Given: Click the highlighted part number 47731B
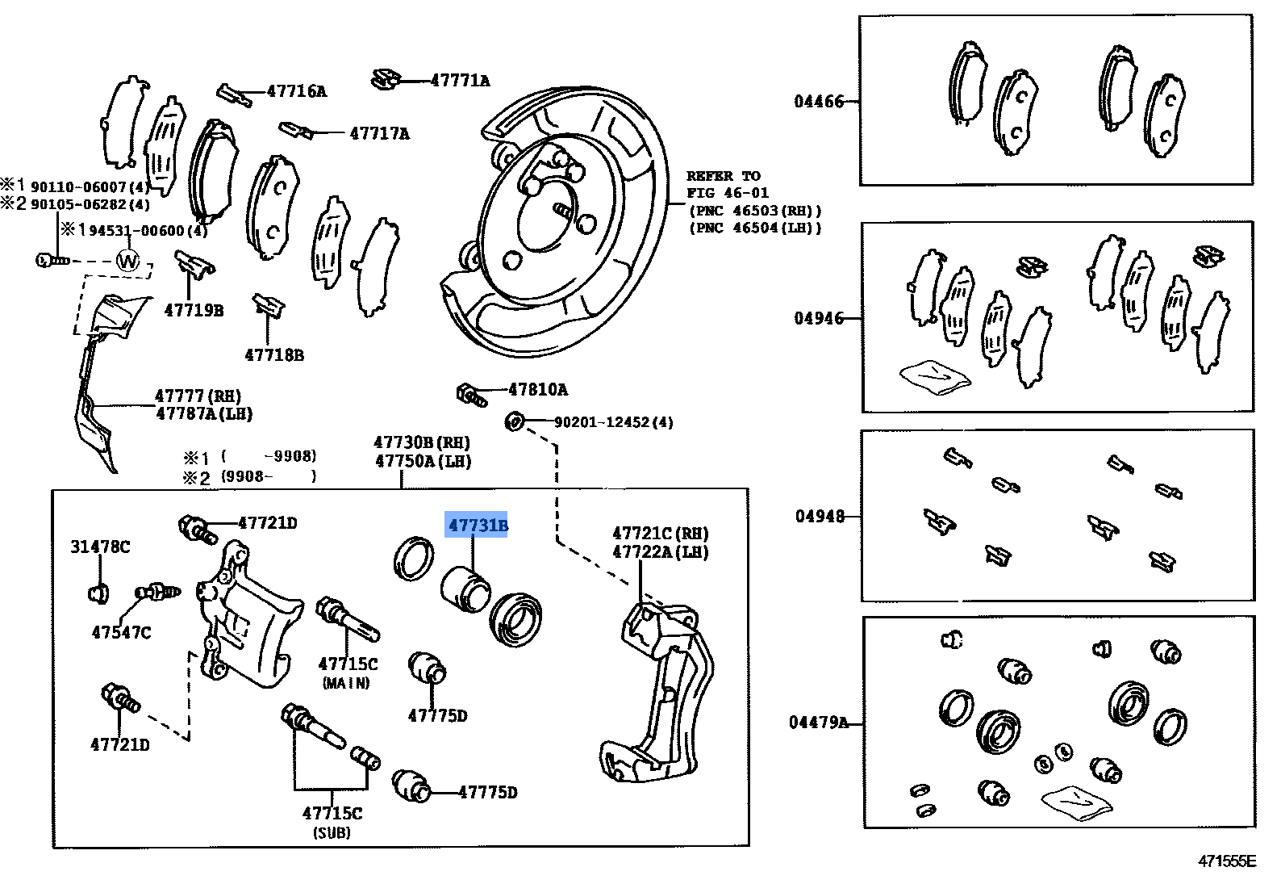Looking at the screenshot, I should point(478,526).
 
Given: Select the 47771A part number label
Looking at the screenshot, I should point(460,81).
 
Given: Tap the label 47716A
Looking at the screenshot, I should point(297,92).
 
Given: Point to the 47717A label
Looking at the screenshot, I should point(379,134).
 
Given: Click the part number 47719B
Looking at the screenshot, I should point(194,310).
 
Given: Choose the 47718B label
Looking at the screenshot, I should point(274,355).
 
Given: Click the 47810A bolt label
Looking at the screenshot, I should point(538,390).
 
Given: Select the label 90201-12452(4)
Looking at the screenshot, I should point(613,422).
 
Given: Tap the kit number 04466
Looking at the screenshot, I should point(819,102).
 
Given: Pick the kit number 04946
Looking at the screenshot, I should point(819,319).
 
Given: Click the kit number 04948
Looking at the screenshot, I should point(820,517).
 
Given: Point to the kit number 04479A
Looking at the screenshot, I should point(818,723).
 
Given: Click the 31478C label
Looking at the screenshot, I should point(100,547).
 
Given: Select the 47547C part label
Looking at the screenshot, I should point(121,633).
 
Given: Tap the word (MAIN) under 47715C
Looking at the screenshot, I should point(346,684).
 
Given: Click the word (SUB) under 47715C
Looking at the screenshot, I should point(332,833).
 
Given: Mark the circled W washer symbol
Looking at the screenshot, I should point(128,261).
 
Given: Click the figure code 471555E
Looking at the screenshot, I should point(1226,861).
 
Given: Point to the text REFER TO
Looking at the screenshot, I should point(723,176).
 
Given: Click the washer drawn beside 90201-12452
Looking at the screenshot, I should point(514,421).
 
